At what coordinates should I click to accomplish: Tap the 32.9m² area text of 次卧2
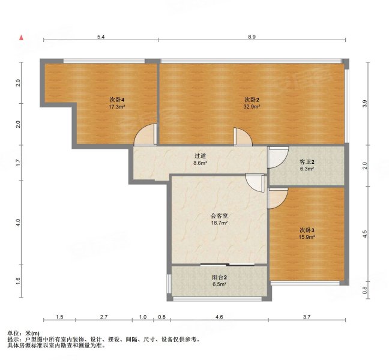[252, 107]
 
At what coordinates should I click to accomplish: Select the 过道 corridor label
[201, 156]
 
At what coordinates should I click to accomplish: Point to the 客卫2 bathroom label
[307, 162]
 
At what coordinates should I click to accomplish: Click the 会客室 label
[219, 216]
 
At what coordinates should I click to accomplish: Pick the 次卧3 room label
[307, 230]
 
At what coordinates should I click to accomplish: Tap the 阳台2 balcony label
[219, 277]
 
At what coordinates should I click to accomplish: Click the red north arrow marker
[22, 38]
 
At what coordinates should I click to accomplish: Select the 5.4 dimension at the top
[101, 37]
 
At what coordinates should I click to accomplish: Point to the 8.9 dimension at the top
[252, 37]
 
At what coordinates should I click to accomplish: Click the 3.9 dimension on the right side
[364, 103]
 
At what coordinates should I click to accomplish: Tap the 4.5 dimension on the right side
[364, 234]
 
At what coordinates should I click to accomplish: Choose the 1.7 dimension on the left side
[17, 163]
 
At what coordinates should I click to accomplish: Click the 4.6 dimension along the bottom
[219, 317]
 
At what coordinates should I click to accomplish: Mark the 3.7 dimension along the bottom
[307, 317]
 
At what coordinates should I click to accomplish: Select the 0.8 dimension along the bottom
[161, 317]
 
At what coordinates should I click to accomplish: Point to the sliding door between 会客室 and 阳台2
[228, 265]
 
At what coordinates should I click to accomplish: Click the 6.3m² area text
[307, 169]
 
